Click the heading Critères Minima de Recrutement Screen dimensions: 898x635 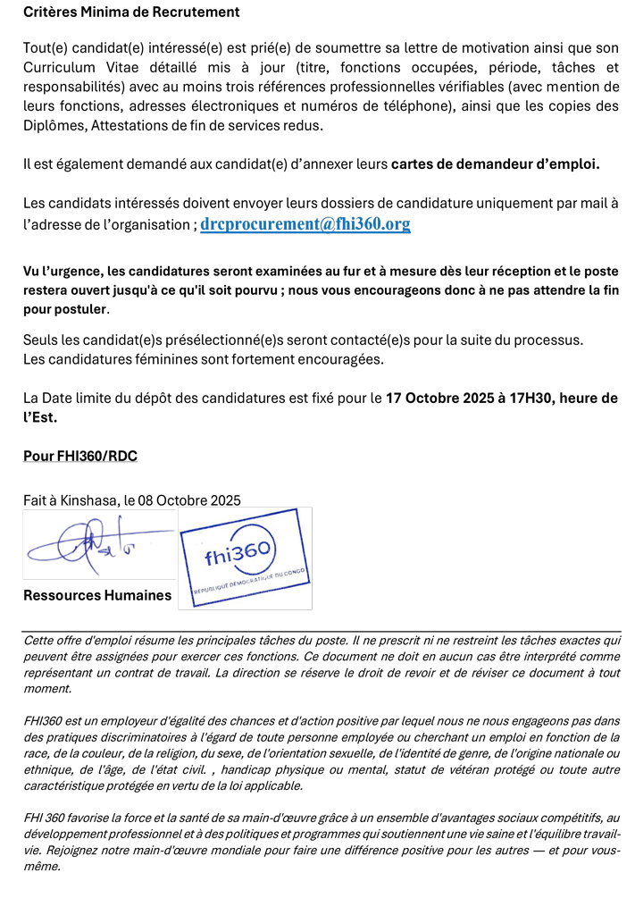[131, 13]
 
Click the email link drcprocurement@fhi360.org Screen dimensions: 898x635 [305, 224]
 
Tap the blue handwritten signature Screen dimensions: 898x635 [94, 545]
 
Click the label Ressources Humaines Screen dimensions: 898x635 [97, 595]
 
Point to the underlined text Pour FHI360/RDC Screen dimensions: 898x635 [80, 457]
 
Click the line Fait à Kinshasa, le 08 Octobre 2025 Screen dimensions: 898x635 [132, 500]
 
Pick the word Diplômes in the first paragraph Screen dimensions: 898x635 [55, 126]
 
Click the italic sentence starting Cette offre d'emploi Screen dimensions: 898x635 [179, 641]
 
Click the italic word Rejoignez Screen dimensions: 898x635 [71, 852]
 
